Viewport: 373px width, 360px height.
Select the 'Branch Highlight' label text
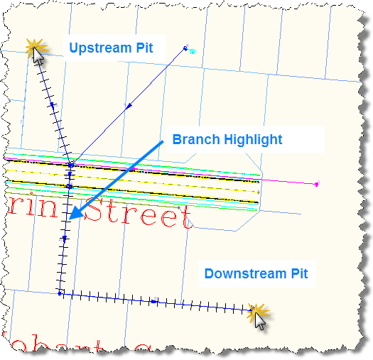tap(227, 140)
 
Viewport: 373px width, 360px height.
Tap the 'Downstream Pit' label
tap(256, 273)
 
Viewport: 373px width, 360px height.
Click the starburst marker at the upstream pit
tap(34, 48)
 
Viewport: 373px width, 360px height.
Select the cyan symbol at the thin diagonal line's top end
tap(193, 51)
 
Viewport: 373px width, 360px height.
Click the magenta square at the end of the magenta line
tap(316, 184)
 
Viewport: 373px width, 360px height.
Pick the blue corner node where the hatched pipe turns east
tap(60, 293)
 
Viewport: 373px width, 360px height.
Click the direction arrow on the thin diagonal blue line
tap(129, 107)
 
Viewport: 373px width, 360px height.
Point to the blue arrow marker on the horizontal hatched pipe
tap(153, 302)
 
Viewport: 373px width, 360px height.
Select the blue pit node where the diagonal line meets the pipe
tap(70, 165)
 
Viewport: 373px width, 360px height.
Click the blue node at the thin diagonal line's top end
tap(185, 48)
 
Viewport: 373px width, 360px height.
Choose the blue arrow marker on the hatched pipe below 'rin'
tap(65, 240)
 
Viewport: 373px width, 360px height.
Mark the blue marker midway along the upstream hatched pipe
tap(52, 105)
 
